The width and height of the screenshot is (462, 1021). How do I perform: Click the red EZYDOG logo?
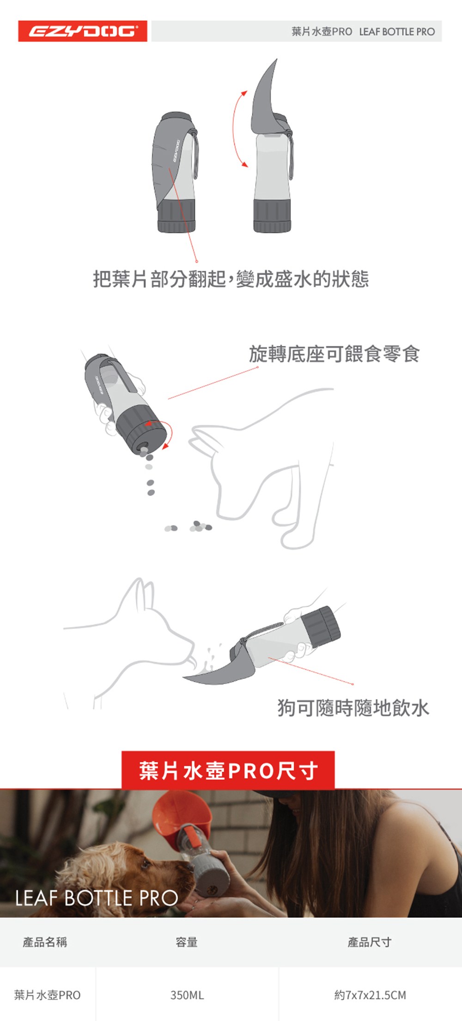[83, 31]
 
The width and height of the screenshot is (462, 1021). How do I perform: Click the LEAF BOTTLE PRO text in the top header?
[397, 31]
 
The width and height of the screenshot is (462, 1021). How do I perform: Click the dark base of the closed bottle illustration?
[176, 215]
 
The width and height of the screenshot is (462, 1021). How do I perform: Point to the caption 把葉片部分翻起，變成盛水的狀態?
[231, 279]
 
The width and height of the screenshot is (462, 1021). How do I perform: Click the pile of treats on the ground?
[189, 526]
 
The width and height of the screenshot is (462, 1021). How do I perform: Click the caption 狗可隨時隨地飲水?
[353, 708]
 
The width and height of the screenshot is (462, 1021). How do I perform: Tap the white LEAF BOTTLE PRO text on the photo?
[97, 898]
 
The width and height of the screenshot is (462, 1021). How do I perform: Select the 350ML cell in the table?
[187, 995]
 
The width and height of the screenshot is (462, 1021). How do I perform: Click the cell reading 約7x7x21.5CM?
[370, 995]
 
